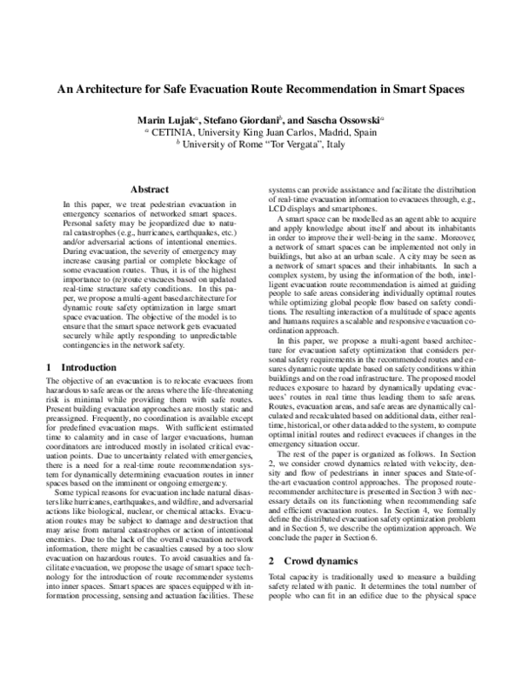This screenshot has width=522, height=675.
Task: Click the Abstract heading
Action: pos(148,189)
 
